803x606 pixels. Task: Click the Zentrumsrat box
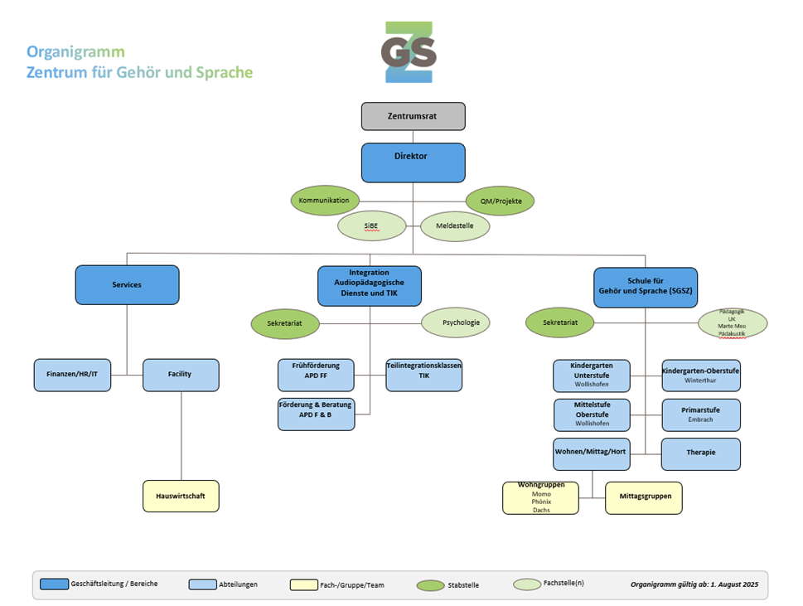click(413, 116)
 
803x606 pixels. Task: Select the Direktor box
click(413, 162)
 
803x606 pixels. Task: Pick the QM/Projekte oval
click(501, 201)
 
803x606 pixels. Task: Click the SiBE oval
click(372, 226)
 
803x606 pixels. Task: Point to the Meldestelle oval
click(455, 226)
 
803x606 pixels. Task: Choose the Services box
click(127, 284)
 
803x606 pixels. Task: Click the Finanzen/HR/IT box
click(72, 375)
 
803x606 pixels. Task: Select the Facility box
click(181, 375)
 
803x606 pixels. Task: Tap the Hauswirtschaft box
click(181, 496)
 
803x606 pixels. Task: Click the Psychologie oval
click(456, 322)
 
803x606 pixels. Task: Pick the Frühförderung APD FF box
click(316, 375)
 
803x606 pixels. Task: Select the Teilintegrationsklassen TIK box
click(423, 375)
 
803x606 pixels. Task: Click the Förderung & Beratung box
click(316, 414)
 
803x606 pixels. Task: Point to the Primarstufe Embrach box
click(700, 415)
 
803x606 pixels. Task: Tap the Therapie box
click(700, 453)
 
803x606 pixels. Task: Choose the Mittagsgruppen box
click(644, 497)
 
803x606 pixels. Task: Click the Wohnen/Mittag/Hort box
click(592, 453)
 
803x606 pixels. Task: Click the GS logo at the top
click(409, 52)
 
